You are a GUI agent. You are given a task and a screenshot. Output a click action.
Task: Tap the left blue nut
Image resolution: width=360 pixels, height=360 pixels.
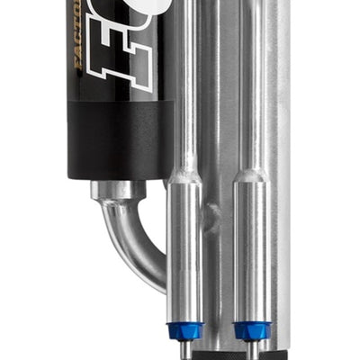[x=184, y=329]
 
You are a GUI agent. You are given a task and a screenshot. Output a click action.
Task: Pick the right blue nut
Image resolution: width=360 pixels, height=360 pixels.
[x=252, y=329]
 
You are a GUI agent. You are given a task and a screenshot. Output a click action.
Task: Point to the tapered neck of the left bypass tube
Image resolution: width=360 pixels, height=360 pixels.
[x=184, y=171]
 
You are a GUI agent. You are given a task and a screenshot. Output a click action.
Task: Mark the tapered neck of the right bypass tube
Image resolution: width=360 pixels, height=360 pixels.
[x=252, y=171]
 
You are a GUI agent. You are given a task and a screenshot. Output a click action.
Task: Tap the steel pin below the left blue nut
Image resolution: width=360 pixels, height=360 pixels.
[x=184, y=349]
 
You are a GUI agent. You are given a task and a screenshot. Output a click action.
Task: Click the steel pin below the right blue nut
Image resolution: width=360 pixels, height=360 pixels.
[x=253, y=349]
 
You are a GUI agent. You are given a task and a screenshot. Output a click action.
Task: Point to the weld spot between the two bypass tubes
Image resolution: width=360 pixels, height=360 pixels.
[x=213, y=217]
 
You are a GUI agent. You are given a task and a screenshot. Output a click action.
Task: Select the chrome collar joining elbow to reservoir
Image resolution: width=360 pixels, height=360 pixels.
[x=117, y=190]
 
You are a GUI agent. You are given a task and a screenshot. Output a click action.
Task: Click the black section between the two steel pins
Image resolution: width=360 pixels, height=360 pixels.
[x=219, y=351]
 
